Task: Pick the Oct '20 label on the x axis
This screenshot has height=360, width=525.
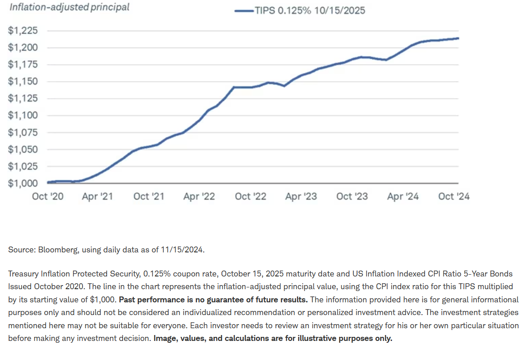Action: pyautogui.click(x=47, y=197)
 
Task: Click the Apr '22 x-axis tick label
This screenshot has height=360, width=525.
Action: pyautogui.click(x=199, y=197)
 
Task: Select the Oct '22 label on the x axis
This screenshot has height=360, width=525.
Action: pyautogui.click(x=250, y=197)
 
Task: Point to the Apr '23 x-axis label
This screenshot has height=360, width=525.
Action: pyautogui.click(x=301, y=197)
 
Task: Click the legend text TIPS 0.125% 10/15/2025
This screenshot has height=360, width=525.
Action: pyautogui.click(x=310, y=10)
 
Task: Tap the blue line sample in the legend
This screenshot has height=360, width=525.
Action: pyautogui.click(x=244, y=10)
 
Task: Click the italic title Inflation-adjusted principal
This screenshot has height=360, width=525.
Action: pyautogui.click(x=69, y=7)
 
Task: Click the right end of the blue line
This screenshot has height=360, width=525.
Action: pyautogui.click(x=458, y=38)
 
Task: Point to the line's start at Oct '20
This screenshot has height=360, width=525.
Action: pyautogui.click(x=48, y=182)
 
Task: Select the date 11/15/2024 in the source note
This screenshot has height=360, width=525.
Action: pyautogui.click(x=184, y=250)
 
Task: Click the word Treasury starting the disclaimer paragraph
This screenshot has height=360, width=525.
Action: pyautogui.click(x=23, y=274)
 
